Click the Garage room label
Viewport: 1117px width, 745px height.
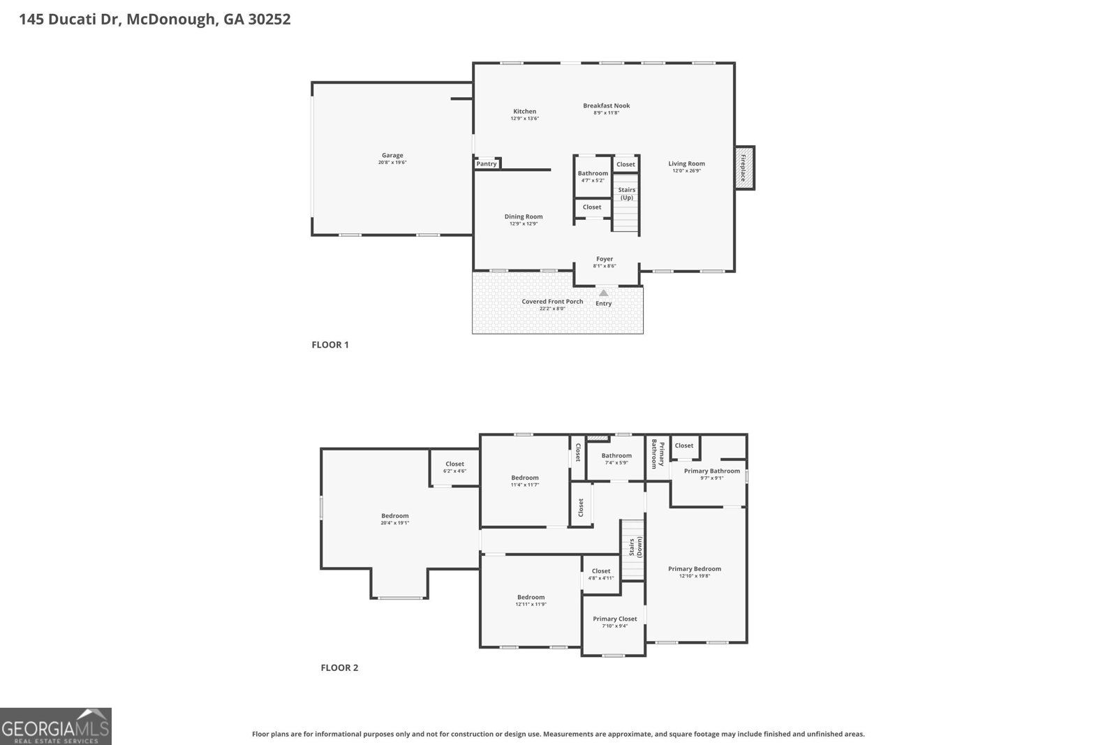392,156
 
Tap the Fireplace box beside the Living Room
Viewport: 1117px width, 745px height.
744,168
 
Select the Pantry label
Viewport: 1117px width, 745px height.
487,163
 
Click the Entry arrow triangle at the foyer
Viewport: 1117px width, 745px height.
603,293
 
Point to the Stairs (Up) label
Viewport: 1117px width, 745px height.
627,193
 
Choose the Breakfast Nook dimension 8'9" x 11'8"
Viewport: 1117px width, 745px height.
606,112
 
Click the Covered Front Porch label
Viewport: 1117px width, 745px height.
552,302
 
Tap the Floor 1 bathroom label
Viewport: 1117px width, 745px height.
593,173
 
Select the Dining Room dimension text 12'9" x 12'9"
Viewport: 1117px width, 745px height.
524,223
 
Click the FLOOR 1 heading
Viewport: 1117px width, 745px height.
330,344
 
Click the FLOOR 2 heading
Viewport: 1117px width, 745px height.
339,667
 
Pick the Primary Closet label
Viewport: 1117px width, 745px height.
615,619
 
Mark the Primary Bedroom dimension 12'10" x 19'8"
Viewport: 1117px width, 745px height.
694,576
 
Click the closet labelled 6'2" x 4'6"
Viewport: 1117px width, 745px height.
454,466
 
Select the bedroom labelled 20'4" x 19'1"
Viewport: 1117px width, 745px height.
395,519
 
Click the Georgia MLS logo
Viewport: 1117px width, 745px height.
56,726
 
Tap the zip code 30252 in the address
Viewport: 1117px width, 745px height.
269,20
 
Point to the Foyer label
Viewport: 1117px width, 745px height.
605,259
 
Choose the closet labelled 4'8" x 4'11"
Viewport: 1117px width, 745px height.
601,574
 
